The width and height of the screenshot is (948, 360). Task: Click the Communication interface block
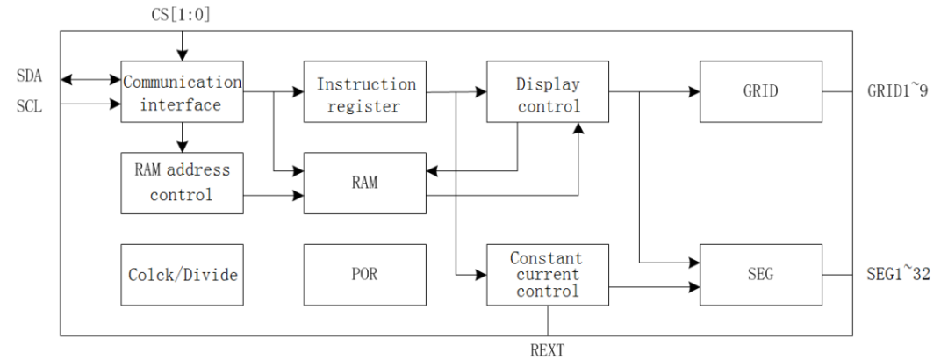[x=181, y=92]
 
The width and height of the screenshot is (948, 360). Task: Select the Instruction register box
[x=365, y=92]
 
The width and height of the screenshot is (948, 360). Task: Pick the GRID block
[x=761, y=92]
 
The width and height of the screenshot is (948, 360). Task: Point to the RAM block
[x=365, y=184]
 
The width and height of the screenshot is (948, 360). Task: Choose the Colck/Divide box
[x=181, y=275]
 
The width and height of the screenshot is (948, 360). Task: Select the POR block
[x=365, y=275]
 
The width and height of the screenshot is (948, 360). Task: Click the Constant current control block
[x=547, y=275]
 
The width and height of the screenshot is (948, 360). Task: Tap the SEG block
[x=761, y=275]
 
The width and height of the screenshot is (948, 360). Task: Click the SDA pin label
[x=28, y=78]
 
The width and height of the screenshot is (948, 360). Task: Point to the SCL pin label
[x=28, y=104]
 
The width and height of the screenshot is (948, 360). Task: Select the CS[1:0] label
[x=181, y=14]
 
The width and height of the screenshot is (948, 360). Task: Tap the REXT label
[x=548, y=350]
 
